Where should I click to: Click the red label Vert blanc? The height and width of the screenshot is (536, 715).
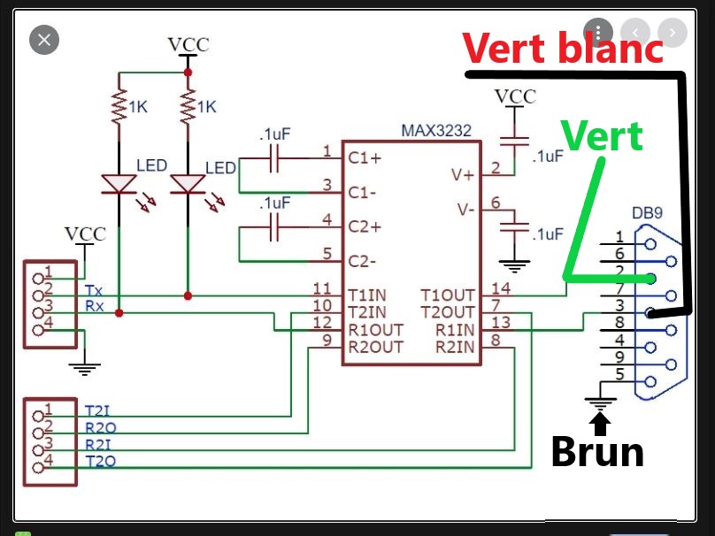[563, 48]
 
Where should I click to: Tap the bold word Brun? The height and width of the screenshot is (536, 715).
[596, 452]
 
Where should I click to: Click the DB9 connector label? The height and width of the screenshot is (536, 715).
[648, 214]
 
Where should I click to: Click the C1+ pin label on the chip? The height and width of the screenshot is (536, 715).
[365, 158]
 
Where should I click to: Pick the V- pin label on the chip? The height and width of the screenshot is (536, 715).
[463, 210]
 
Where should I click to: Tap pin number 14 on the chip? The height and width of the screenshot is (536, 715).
[501, 287]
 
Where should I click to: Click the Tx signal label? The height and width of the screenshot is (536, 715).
[94, 290]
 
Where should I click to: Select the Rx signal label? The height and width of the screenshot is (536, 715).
[94, 307]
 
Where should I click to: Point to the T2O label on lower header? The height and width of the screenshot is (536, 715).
[99, 462]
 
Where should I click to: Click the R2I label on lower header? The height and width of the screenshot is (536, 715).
[99, 445]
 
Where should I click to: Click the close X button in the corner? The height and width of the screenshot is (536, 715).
[44, 39]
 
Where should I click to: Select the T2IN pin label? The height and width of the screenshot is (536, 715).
[367, 312]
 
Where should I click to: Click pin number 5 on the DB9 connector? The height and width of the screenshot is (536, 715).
[620, 374]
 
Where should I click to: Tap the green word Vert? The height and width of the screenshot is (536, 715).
[602, 136]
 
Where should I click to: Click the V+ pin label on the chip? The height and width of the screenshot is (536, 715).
[463, 175]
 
